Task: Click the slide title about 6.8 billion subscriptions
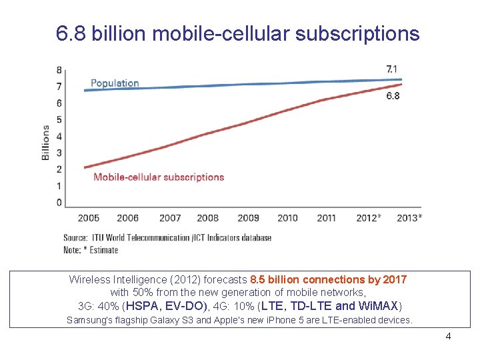tap(238, 33)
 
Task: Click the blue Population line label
tap(115, 83)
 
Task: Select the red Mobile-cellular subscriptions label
tap(159, 177)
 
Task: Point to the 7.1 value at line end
tap(393, 69)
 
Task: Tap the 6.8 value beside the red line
tap(393, 96)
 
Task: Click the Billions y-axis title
tap(46, 142)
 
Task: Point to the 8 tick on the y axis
tap(59, 70)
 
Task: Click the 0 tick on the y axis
tap(59, 203)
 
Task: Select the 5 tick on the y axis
tap(59, 120)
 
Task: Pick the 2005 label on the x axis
tap(89, 218)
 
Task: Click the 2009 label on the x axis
tap(248, 218)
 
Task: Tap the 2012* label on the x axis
tap(369, 218)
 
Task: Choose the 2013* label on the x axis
tap(409, 218)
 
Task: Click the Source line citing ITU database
tap(167, 238)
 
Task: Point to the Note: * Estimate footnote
tap(91, 250)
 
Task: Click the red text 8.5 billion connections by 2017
tap(328, 280)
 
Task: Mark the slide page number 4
tap(448, 336)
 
